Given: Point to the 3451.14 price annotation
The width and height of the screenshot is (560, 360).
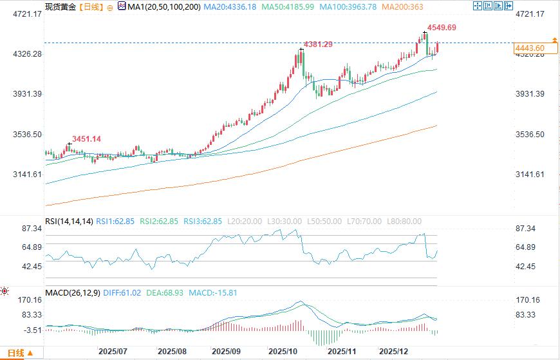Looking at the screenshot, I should coord(87,138).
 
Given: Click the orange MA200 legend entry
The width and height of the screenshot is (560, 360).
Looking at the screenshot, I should coord(402,6).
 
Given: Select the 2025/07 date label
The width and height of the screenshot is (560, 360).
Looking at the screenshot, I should coord(112,352).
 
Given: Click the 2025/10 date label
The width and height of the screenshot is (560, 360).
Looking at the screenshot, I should coord(282,352).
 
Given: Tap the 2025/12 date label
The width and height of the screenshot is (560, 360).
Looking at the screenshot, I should coord(392,352).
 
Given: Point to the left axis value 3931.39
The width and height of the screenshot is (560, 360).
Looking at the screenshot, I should coord(28,94).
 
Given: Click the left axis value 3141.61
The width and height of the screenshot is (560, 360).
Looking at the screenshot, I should coord(28,175).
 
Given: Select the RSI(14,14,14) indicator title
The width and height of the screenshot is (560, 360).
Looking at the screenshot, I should coord(69,222).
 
